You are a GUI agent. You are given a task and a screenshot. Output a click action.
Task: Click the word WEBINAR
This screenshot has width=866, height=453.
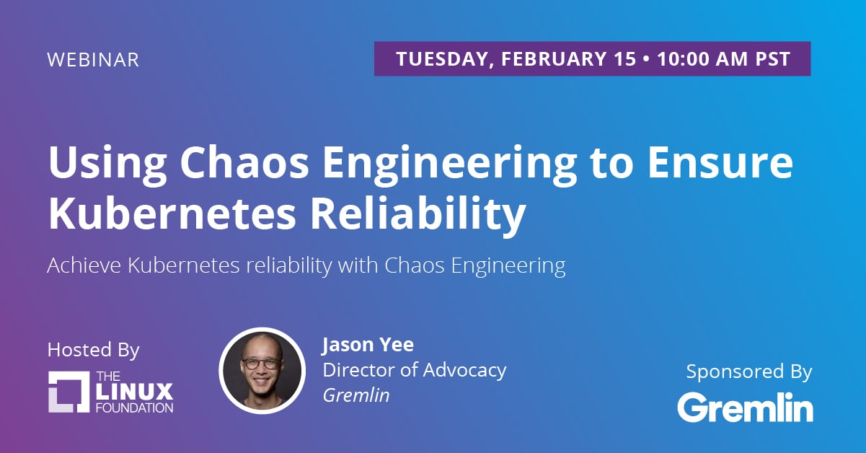point(93,60)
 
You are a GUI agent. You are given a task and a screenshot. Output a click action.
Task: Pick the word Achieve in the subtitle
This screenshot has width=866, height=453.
point(84,265)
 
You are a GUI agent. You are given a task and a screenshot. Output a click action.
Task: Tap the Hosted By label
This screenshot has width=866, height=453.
point(93,350)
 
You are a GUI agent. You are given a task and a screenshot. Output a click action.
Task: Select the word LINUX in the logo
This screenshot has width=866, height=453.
point(134,392)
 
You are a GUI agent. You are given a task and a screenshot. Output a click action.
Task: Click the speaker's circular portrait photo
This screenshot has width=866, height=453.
point(262,371)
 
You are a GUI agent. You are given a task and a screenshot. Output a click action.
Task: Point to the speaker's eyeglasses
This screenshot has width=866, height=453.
point(261,364)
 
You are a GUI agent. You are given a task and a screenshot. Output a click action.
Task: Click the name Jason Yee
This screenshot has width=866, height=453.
point(368,345)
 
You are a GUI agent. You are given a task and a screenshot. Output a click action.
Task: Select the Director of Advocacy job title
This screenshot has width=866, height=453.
point(415,370)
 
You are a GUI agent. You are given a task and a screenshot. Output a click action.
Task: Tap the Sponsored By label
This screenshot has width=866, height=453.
point(749,371)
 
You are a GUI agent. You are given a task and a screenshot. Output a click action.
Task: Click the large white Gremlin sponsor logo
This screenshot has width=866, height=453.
point(746,407)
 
